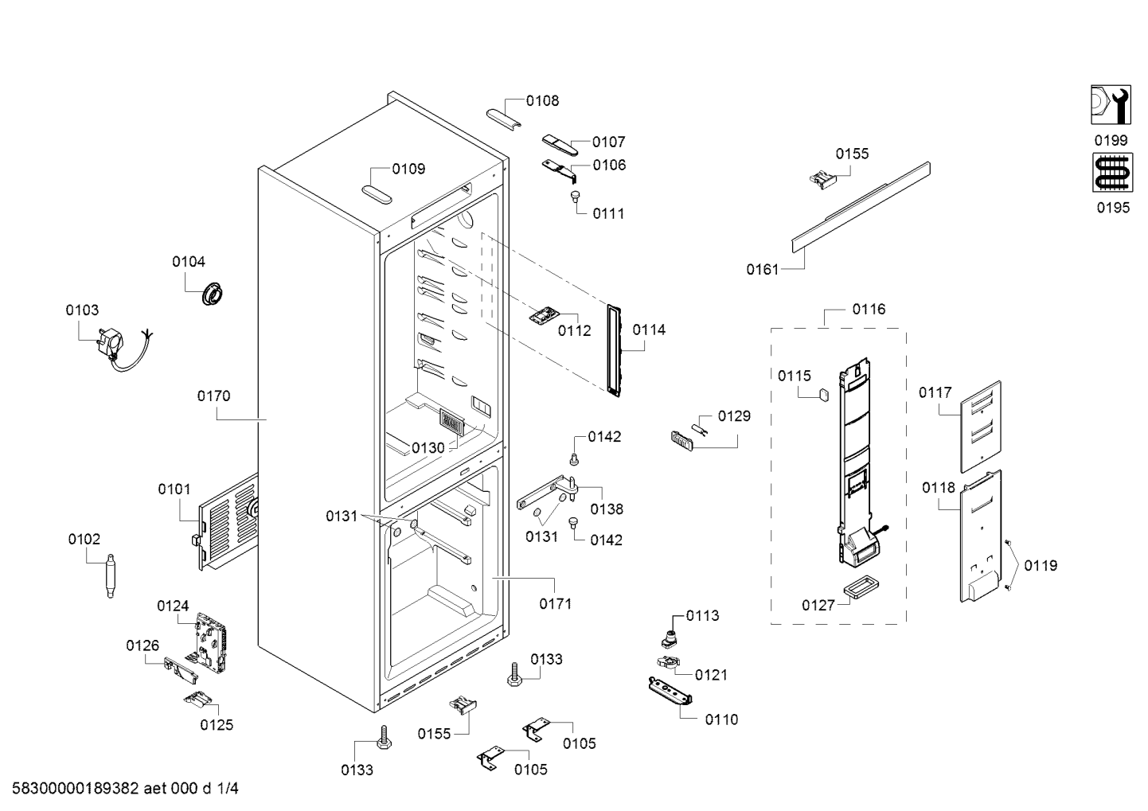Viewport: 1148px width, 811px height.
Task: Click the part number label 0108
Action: coord(542,101)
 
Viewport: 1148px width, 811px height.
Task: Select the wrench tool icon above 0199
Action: coord(1111,105)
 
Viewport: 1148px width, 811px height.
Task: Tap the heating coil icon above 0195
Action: coord(1112,173)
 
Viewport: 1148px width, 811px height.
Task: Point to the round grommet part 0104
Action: coord(212,294)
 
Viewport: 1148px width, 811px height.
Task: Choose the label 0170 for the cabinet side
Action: coord(213,396)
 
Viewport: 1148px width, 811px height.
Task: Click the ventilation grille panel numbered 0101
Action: coord(228,523)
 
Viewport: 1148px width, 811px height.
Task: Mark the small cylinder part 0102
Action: coord(110,575)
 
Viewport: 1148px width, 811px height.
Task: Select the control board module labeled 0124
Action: coord(211,642)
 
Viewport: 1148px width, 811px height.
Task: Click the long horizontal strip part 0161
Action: coord(861,208)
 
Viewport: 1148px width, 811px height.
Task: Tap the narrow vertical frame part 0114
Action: coord(614,351)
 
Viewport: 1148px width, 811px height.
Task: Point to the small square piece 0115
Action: coord(823,395)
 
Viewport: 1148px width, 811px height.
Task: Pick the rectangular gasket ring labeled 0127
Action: coord(861,587)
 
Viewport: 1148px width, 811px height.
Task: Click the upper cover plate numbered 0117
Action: coord(980,427)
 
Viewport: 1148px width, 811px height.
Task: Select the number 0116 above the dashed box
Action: coord(869,310)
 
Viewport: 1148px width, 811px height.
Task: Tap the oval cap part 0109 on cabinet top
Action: coord(377,195)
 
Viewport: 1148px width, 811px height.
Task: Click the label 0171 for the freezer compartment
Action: coord(556,604)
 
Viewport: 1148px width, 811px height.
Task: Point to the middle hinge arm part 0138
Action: coord(548,492)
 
